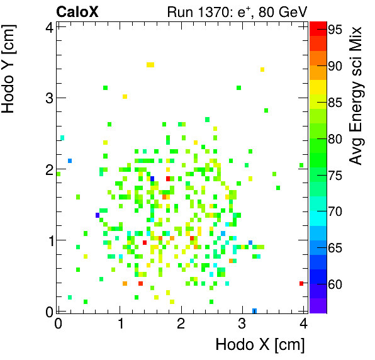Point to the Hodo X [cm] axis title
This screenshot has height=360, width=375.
pos(260,345)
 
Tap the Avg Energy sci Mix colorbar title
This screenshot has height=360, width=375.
pos(357,95)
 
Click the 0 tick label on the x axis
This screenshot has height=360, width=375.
pos(59,324)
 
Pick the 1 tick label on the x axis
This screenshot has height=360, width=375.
pos(120,324)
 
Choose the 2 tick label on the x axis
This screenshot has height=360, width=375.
pos(181,324)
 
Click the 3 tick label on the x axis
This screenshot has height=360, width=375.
pos(242,324)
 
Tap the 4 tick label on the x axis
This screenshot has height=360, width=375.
pos(303,324)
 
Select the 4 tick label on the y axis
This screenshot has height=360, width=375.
pos(48,26)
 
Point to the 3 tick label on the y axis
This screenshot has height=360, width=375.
pos(48,98)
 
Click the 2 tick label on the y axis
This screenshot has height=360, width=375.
pos(48,169)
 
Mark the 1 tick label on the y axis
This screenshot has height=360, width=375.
pos(48,240)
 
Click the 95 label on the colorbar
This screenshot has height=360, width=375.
pos(335,29)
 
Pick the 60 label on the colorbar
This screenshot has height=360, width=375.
pos(335,284)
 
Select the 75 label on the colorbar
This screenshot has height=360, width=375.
pos(335,175)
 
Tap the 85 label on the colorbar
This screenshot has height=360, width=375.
pos(335,102)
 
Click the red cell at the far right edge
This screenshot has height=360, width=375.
pos(301,283)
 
